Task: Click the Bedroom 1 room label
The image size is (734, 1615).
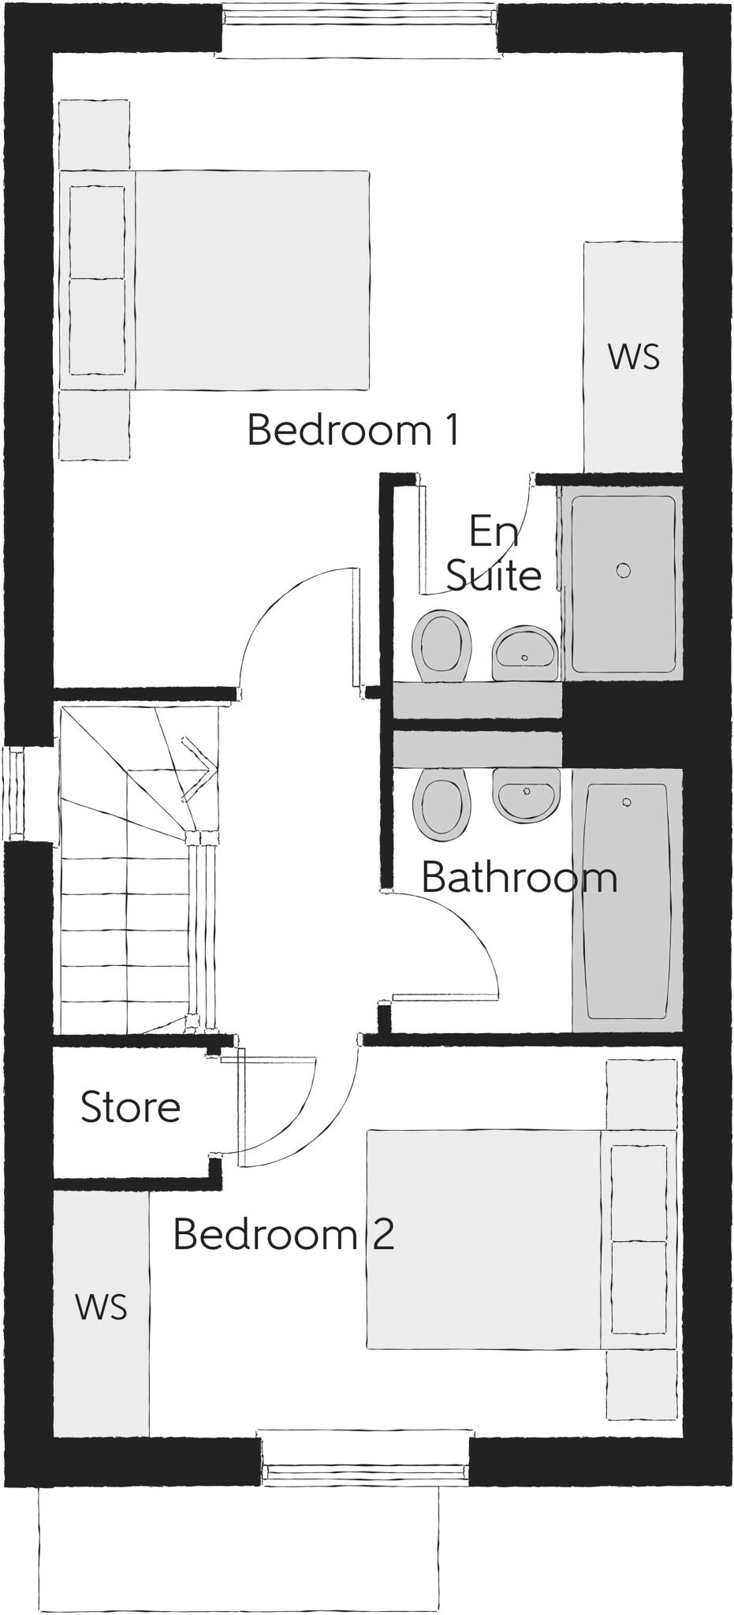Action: [x=352, y=431]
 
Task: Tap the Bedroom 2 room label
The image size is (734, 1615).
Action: [x=283, y=1233]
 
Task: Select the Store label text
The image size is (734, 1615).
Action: [x=131, y=1107]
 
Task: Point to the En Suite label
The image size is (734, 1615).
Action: [x=494, y=553]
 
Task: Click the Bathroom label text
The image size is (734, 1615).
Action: [x=519, y=878]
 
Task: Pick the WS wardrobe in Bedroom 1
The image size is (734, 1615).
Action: [x=633, y=357]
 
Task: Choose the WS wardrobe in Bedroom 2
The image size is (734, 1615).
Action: [x=101, y=1307]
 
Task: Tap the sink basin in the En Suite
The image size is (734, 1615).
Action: [x=525, y=651]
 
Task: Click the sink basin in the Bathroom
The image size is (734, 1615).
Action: [x=526, y=793]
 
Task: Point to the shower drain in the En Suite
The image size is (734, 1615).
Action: [x=624, y=570]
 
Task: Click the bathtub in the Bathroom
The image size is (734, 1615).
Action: [x=626, y=899]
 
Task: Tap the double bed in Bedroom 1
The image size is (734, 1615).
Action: [x=252, y=280]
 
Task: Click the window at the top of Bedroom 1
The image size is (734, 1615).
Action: [x=359, y=30]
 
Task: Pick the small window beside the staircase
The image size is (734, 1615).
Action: [x=13, y=793]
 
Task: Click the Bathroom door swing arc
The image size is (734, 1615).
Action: [x=465, y=931]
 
